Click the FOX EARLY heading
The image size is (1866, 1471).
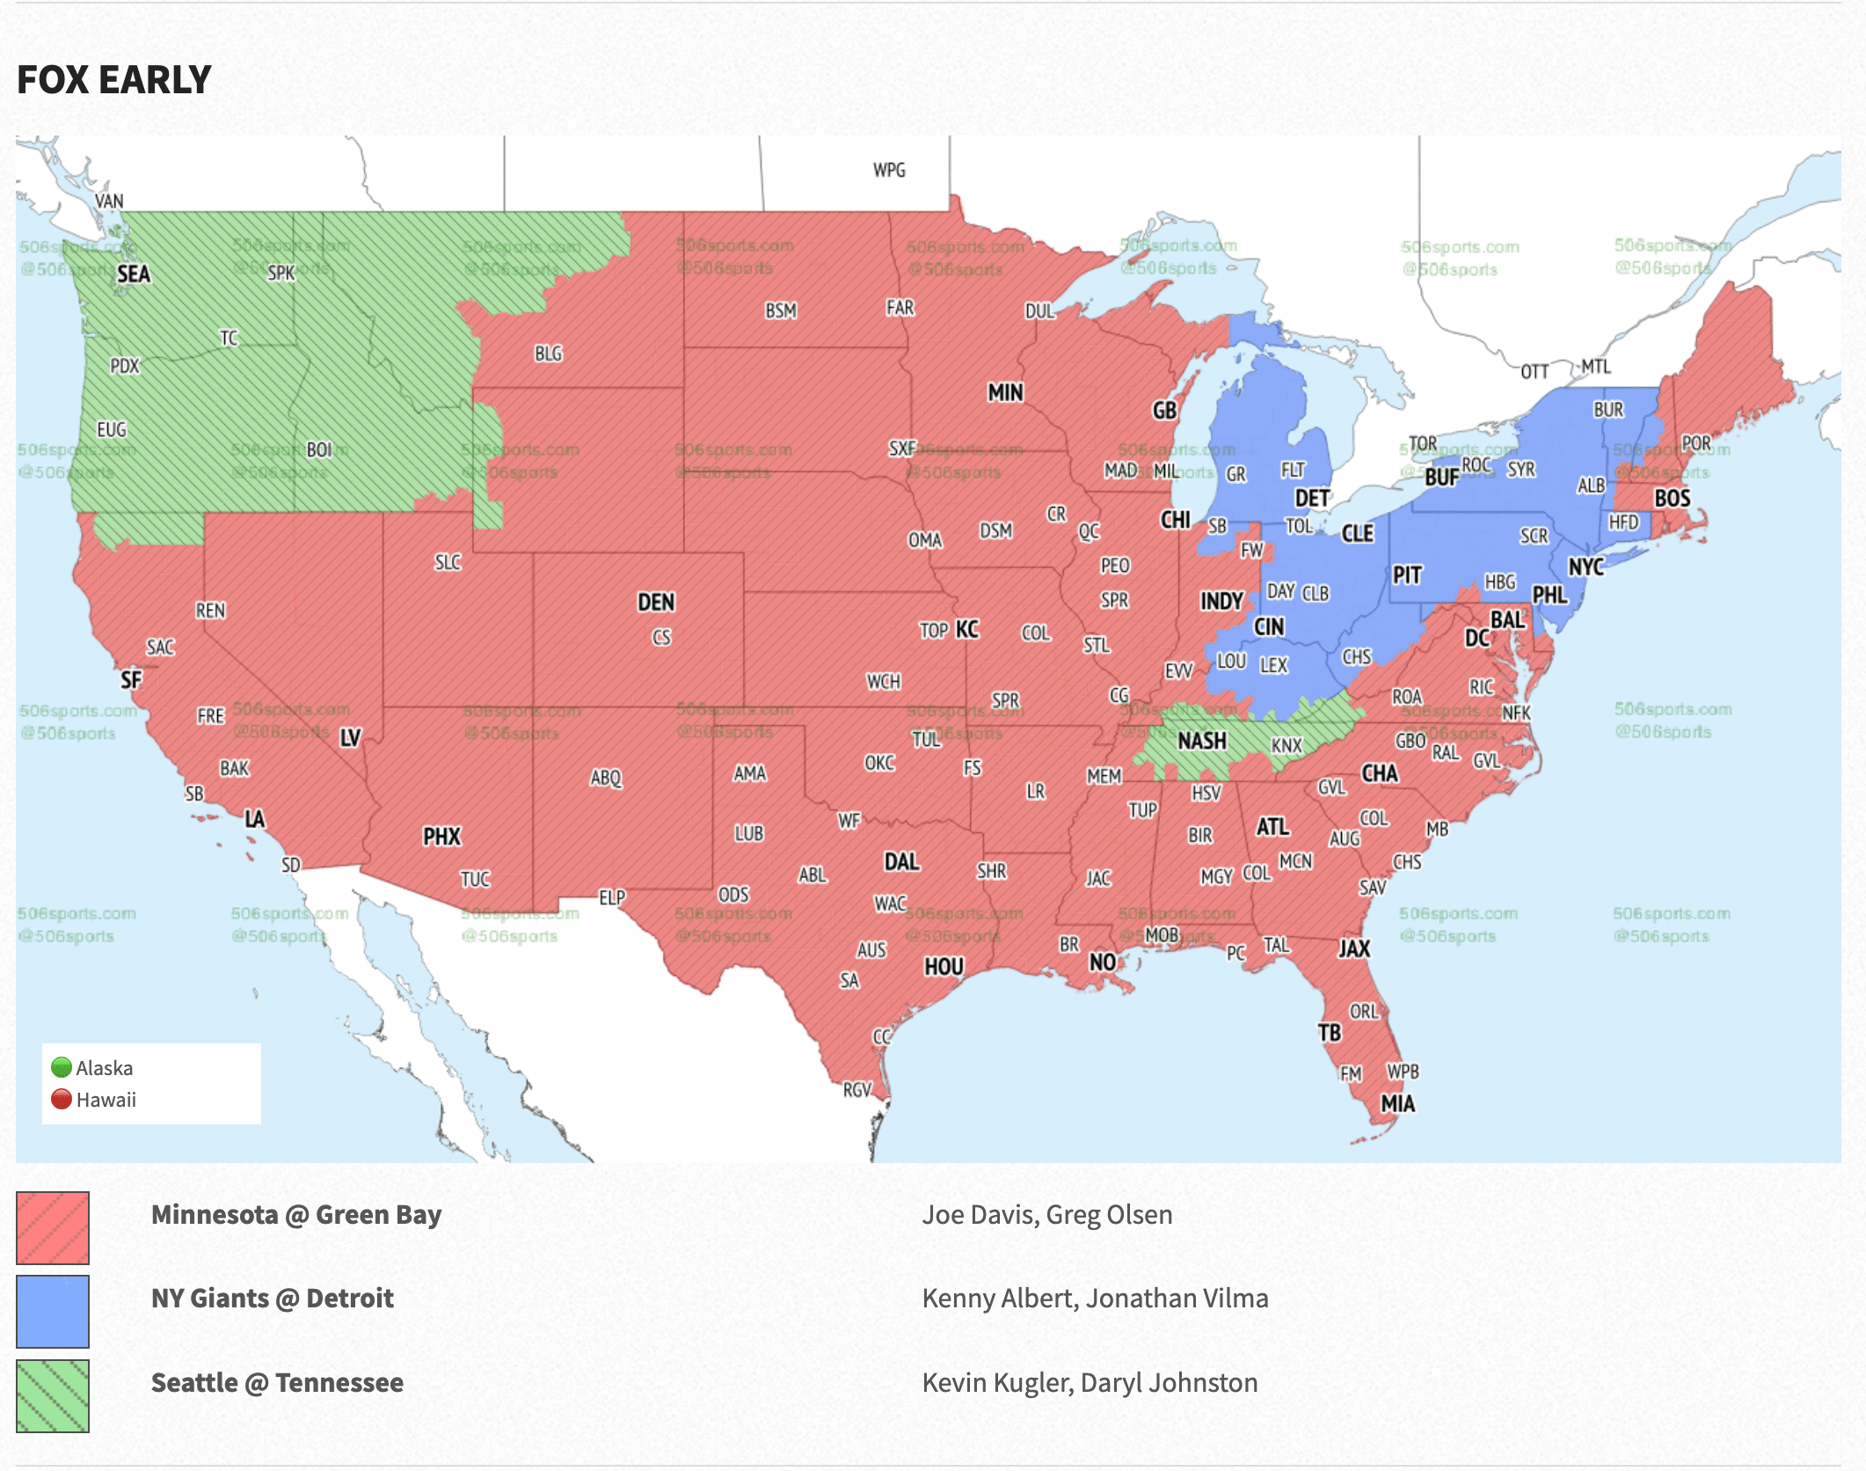click(114, 80)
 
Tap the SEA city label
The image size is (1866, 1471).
click(134, 274)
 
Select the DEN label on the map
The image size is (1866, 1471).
click(656, 603)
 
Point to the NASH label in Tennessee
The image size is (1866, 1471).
click(1201, 742)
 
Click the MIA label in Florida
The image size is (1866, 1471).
click(1397, 1104)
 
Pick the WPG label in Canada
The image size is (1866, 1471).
click(889, 170)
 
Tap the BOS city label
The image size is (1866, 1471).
click(1672, 499)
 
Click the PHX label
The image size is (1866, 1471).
click(441, 837)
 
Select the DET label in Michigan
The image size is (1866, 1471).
click(1312, 499)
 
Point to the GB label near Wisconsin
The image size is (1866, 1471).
click(1164, 411)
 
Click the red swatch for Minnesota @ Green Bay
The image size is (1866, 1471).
click(53, 1228)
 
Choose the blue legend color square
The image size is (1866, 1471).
click(53, 1312)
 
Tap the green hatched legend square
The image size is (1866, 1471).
click(53, 1396)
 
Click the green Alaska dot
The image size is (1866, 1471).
click(62, 1068)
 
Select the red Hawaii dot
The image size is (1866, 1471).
click(62, 1100)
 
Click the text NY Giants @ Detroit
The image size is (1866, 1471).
click(273, 1299)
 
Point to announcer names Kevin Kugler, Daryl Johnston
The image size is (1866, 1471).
click(1090, 1383)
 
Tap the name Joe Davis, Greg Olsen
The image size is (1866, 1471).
click(1046, 1215)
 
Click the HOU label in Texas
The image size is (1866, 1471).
click(944, 967)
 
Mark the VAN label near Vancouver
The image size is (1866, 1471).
click(109, 201)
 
